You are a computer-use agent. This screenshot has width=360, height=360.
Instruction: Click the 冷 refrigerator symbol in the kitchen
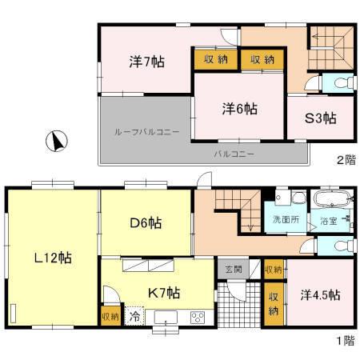click(x=134, y=316)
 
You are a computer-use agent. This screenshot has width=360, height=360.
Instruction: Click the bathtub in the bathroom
click(x=330, y=198)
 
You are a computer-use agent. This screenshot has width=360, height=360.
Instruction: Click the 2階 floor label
click(x=345, y=160)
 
